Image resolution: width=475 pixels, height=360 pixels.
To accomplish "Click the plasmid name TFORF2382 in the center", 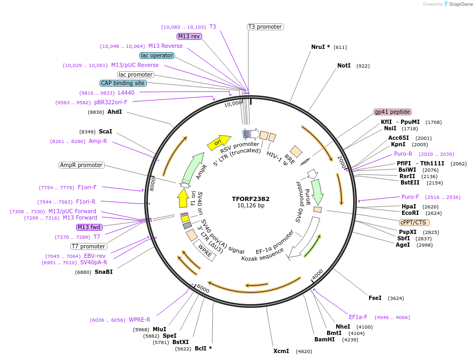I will pyautogui.click(x=251, y=199).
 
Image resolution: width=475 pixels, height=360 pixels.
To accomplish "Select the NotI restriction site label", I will pyautogui.click(x=344, y=65).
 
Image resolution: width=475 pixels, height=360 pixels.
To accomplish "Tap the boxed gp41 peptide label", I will pyautogui.click(x=393, y=112).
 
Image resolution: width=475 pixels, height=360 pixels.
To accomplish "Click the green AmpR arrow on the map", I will pyautogui.click(x=193, y=165).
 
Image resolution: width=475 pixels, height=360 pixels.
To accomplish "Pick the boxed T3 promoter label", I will pyautogui.click(x=265, y=27).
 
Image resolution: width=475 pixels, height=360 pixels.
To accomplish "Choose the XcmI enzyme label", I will pyautogui.click(x=281, y=351).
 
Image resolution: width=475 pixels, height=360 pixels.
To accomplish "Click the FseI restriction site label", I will pyautogui.click(x=375, y=298).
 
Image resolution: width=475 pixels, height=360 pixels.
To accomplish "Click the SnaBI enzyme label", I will pyautogui.click(x=104, y=272).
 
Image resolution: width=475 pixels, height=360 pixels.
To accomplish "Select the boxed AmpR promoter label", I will pyautogui.click(x=81, y=165).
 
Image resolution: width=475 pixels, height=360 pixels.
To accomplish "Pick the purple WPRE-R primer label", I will pyautogui.click(x=139, y=320).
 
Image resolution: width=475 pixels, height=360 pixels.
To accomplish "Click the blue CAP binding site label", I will pyautogui.click(x=122, y=83).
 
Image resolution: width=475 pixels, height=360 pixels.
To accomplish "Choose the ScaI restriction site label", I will pyautogui.click(x=105, y=131).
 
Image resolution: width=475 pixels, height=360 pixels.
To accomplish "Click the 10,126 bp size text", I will pyautogui.click(x=251, y=206).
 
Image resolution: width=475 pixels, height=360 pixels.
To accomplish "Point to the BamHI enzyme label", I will pyautogui.click(x=324, y=339).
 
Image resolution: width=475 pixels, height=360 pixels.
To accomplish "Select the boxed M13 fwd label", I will pyautogui.click(x=89, y=227).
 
